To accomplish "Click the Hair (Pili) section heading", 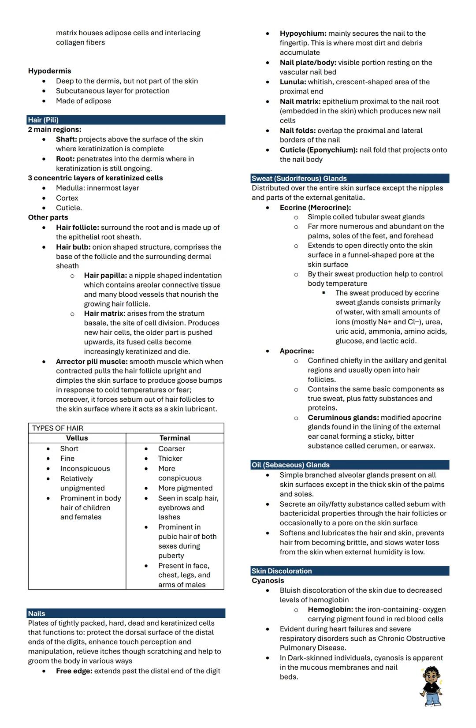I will [43, 120].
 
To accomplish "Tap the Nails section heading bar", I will [37, 613].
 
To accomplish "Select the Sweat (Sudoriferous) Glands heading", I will [299, 179].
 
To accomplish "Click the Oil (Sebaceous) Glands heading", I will [290, 465].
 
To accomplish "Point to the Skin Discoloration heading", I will [282, 571].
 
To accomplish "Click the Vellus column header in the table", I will [77, 438].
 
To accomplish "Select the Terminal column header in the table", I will [175, 438].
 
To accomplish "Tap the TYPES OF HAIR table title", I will [58, 428].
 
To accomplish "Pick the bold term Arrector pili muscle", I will [92, 362].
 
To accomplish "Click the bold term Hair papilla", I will [105, 276].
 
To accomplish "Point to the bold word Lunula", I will [293, 82].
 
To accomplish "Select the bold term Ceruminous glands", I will [343, 418].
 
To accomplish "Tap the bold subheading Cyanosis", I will [268, 581].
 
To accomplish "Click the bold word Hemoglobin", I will [330, 609].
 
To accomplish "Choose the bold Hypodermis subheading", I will [49, 71].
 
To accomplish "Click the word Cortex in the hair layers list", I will [67, 198].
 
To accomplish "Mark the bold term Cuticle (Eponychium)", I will [318, 150].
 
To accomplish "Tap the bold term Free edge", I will [74, 671].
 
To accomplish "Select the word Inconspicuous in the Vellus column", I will [85, 468].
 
